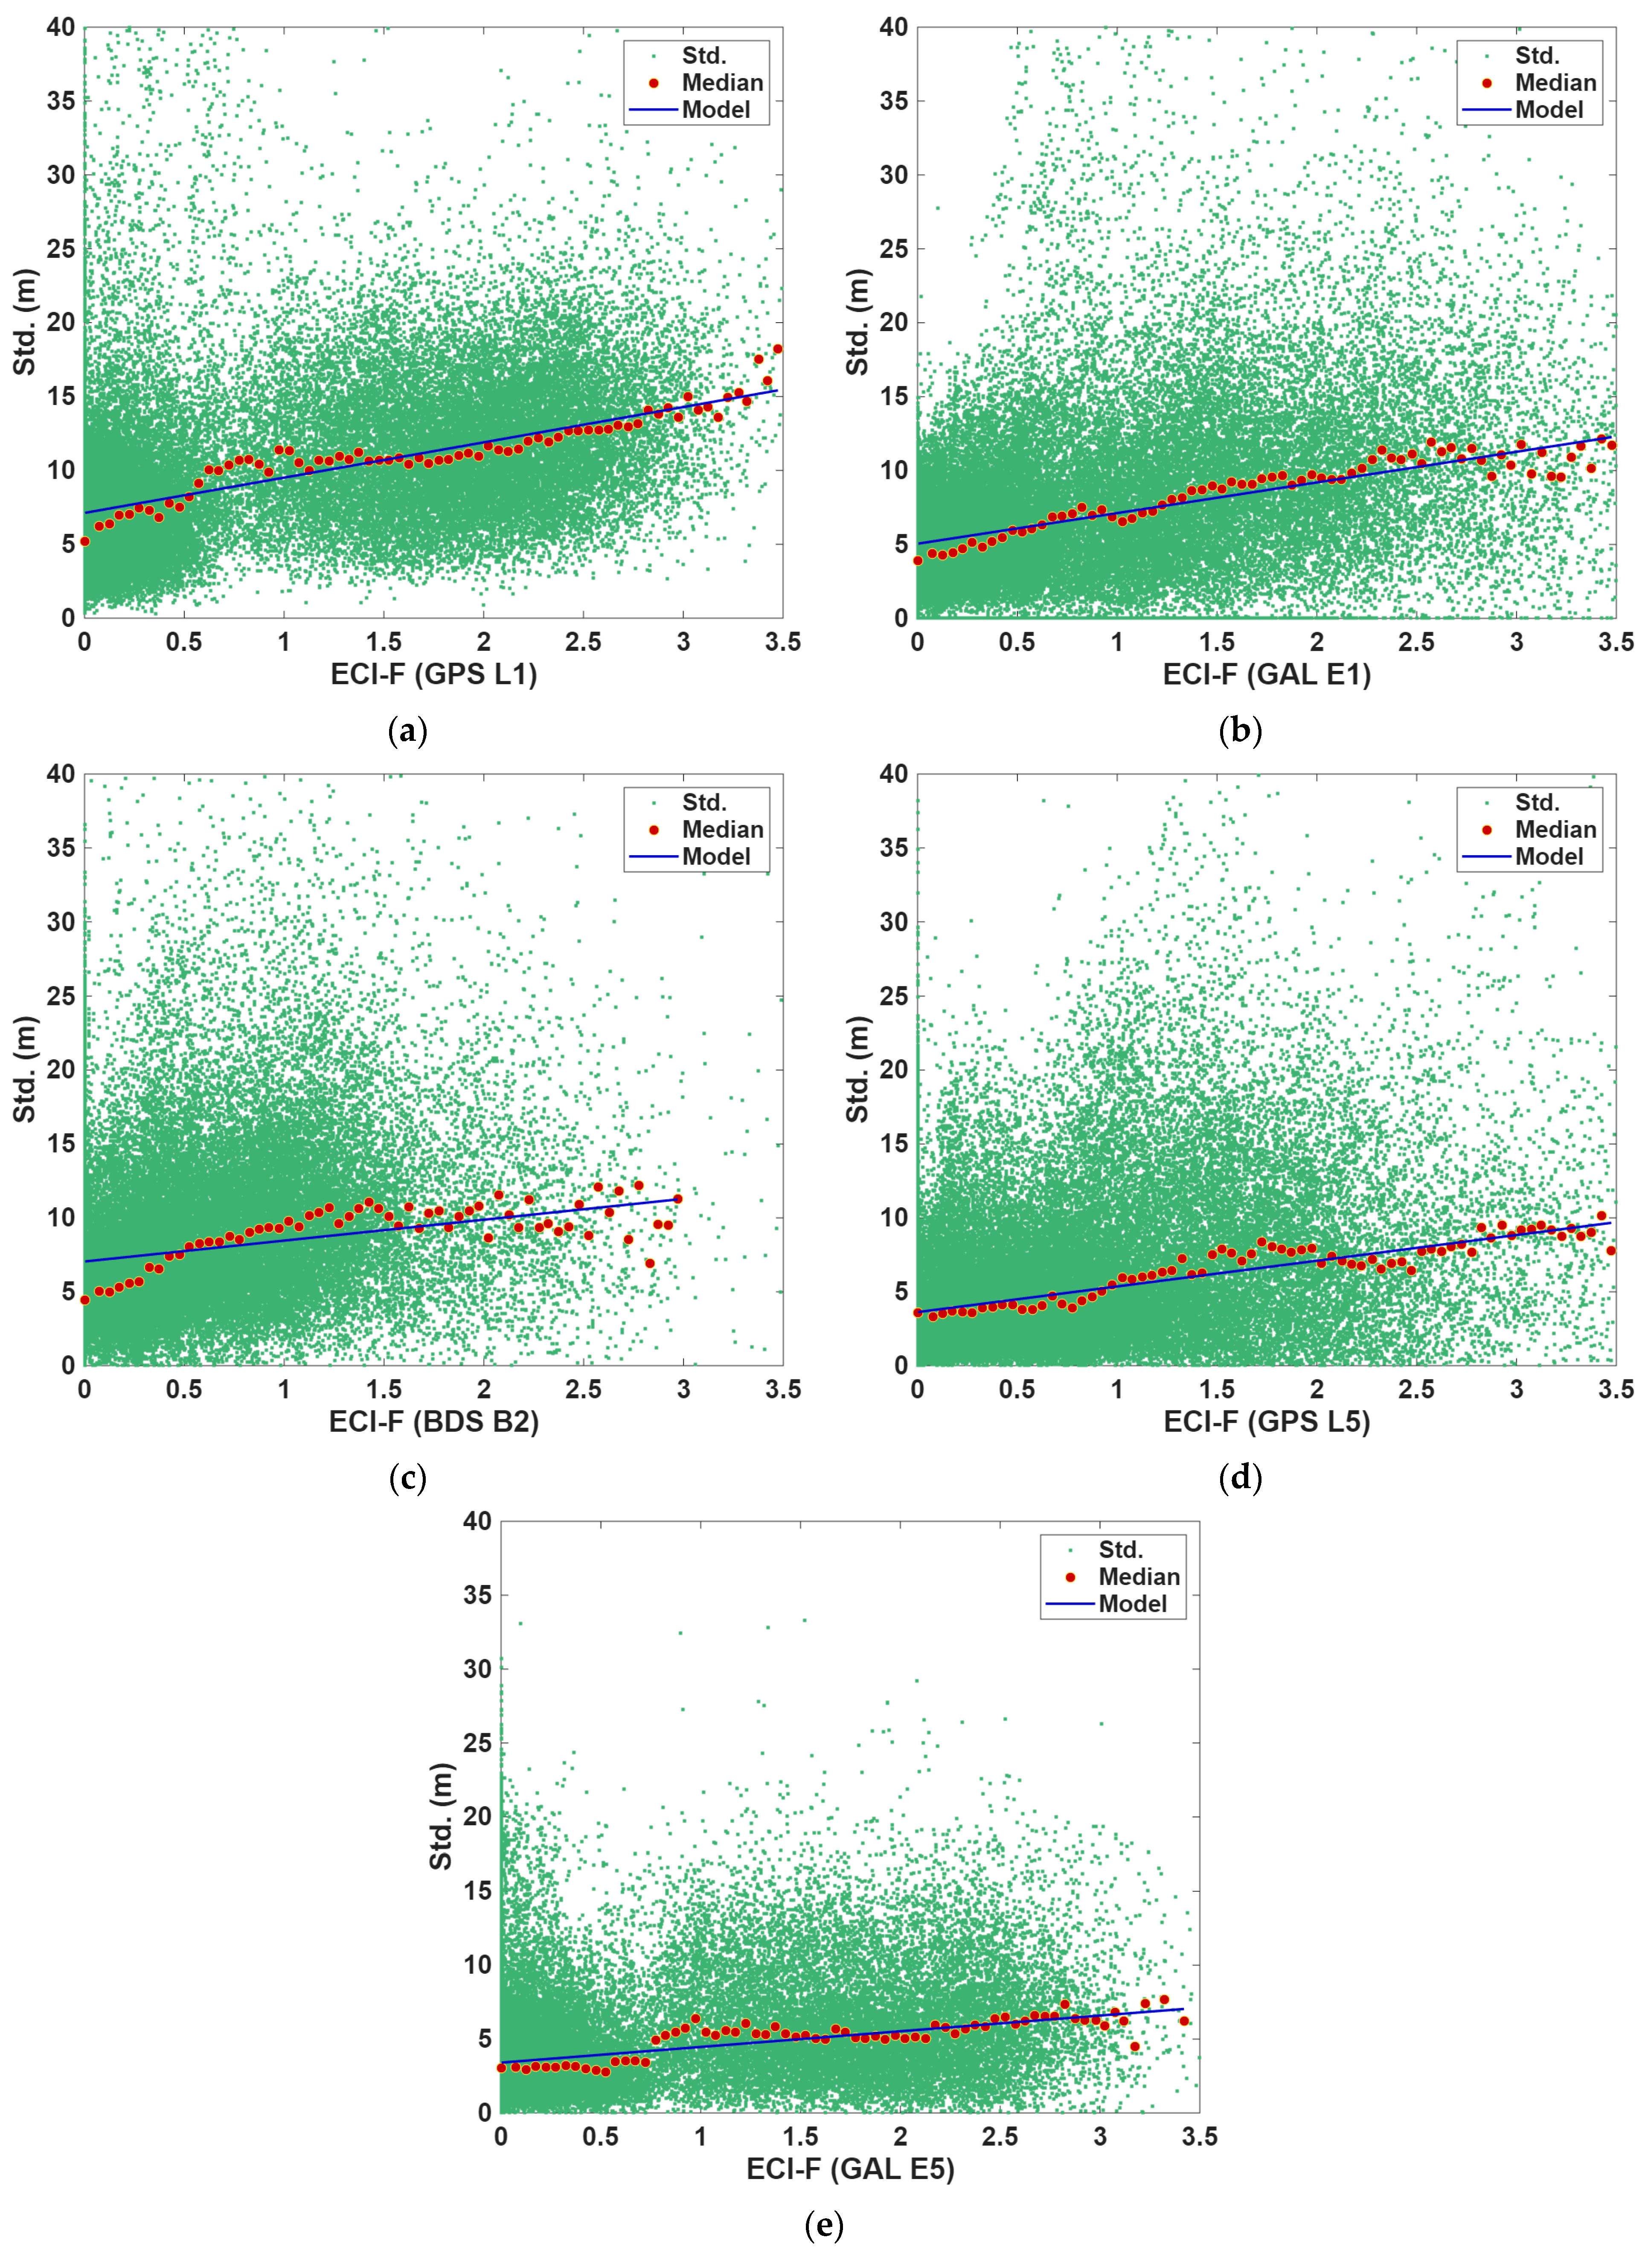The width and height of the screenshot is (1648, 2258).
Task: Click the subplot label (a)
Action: point(407,731)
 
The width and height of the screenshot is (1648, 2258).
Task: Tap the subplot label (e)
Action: point(824,2226)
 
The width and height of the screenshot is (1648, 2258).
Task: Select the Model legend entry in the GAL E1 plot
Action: point(1531,110)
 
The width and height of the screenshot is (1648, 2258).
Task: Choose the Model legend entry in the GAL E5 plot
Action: point(1114,1605)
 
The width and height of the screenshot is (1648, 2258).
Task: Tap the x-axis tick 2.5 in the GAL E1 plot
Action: point(1416,641)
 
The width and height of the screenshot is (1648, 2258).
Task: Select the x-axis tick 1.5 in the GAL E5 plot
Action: point(800,2136)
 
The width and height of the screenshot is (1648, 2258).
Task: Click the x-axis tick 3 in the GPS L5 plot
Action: point(1516,1389)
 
